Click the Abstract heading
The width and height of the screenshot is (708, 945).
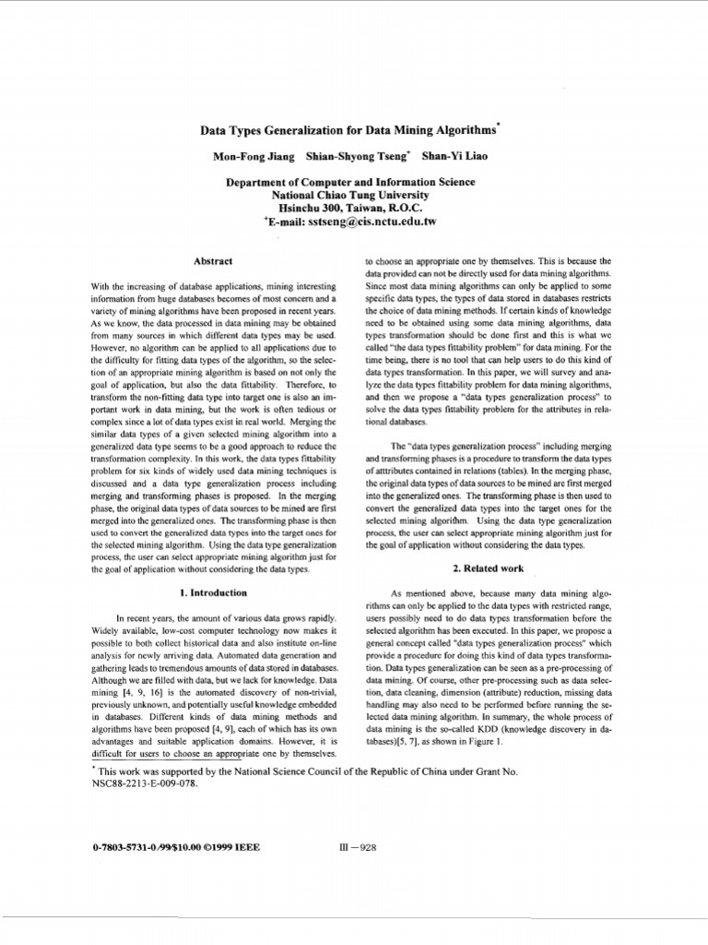pos(214,261)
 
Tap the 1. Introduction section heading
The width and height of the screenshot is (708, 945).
pos(213,592)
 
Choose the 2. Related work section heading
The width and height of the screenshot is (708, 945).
pos(488,568)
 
